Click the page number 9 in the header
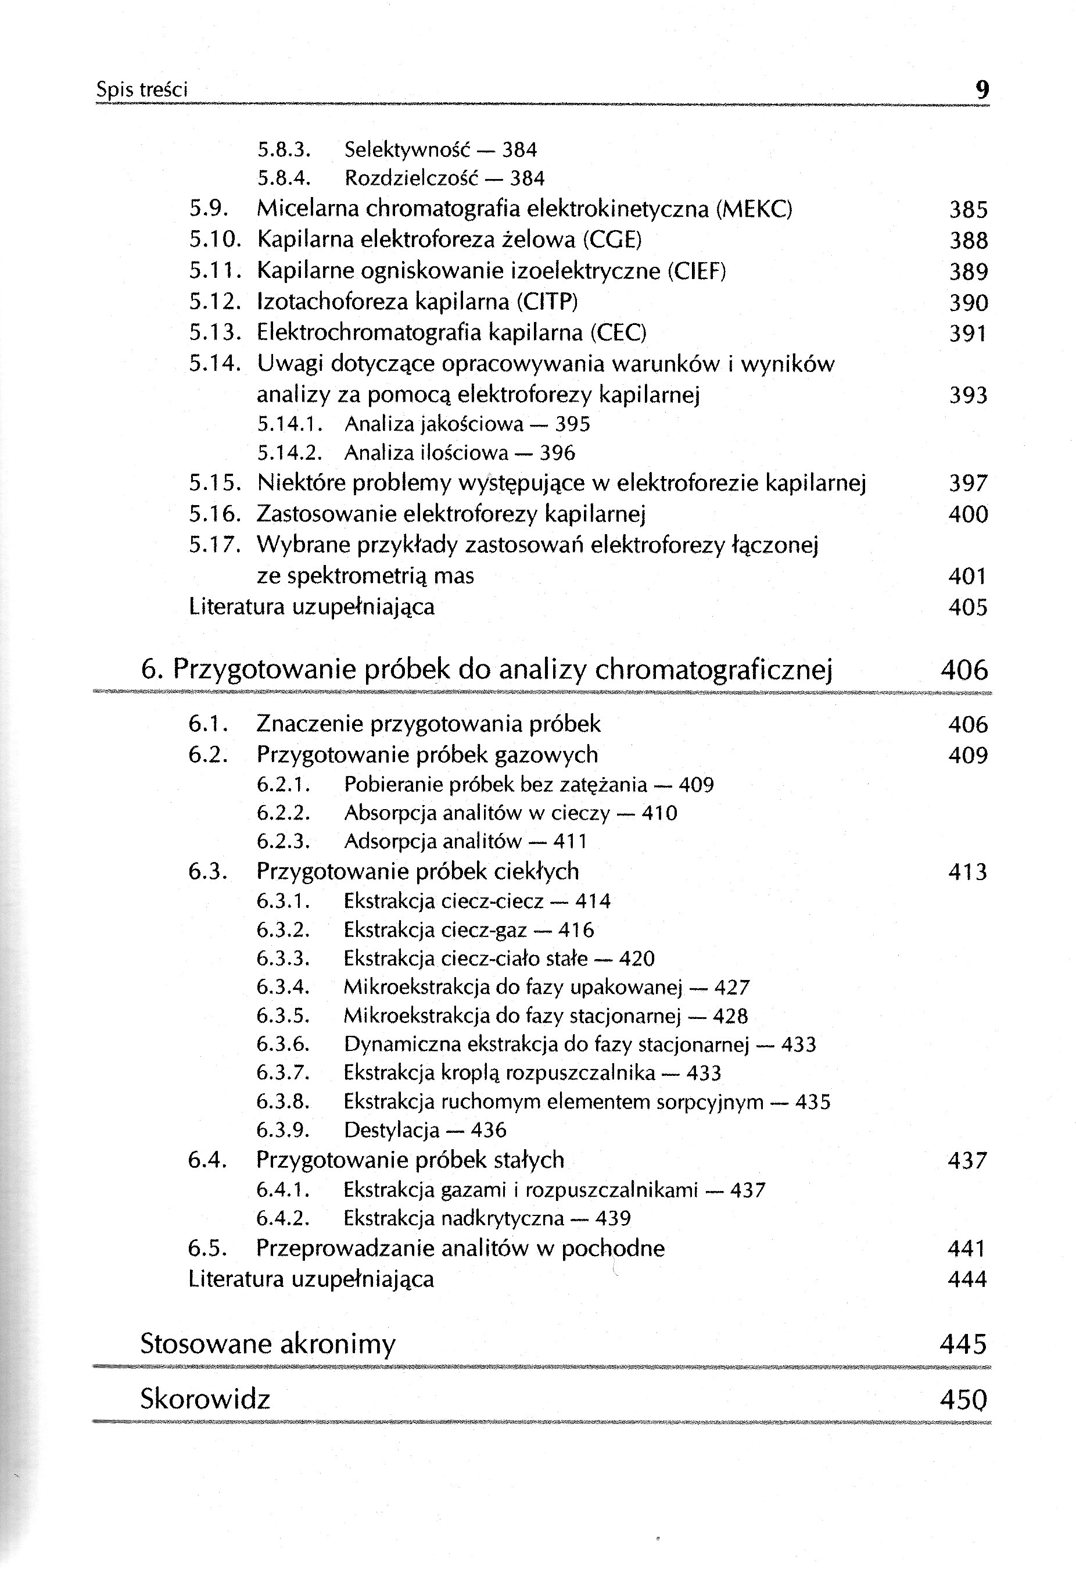pyautogui.click(x=982, y=90)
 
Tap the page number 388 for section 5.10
pyautogui.click(x=968, y=241)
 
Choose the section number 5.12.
pyautogui.click(x=214, y=302)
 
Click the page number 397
pyautogui.click(x=968, y=484)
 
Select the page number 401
pyautogui.click(x=967, y=576)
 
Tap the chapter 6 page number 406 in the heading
pyautogui.click(x=964, y=670)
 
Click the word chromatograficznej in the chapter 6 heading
pyautogui.click(x=714, y=670)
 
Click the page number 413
pyautogui.click(x=967, y=872)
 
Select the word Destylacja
pyautogui.click(x=392, y=1130)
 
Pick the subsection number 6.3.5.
pyautogui.click(x=284, y=1016)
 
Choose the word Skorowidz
pyautogui.click(x=205, y=1400)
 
